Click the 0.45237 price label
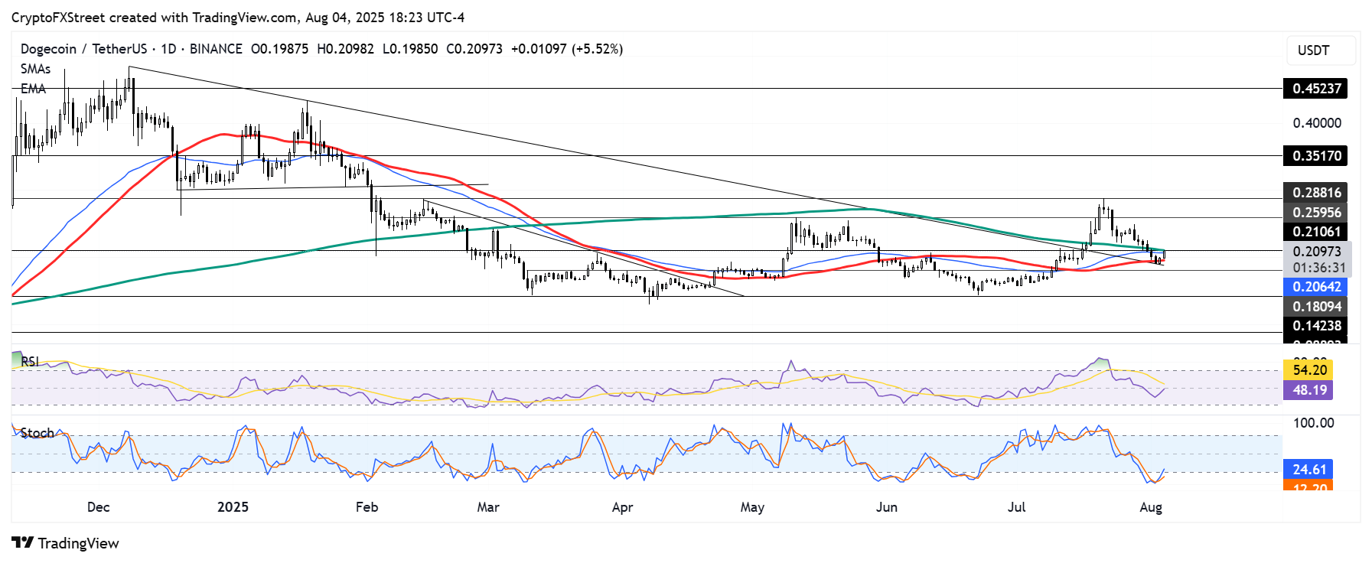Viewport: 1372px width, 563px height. (x=1316, y=89)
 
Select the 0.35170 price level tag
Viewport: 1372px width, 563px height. (x=1316, y=156)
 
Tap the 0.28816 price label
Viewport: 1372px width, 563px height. (x=1316, y=193)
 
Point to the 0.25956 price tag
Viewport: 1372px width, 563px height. (x=1316, y=213)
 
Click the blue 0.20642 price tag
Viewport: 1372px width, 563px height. (x=1316, y=287)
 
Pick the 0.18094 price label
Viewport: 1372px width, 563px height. (x=1316, y=307)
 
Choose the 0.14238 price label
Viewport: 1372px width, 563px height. (x=1316, y=326)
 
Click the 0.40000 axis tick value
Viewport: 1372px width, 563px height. (x=1316, y=123)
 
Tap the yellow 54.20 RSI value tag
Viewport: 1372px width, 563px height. (x=1309, y=370)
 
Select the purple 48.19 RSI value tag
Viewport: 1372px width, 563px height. (x=1309, y=390)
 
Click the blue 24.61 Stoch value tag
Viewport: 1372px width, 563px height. (x=1309, y=470)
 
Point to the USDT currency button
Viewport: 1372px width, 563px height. (x=1313, y=50)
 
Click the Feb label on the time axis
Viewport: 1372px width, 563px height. (x=367, y=507)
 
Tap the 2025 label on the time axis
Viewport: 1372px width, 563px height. (x=233, y=507)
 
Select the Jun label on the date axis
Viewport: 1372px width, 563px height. (x=886, y=507)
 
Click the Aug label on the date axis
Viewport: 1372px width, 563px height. (x=1150, y=507)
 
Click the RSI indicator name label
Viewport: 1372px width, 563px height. (x=30, y=362)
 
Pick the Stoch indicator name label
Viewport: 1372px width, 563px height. (x=37, y=433)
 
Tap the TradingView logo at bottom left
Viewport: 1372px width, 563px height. (x=66, y=543)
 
